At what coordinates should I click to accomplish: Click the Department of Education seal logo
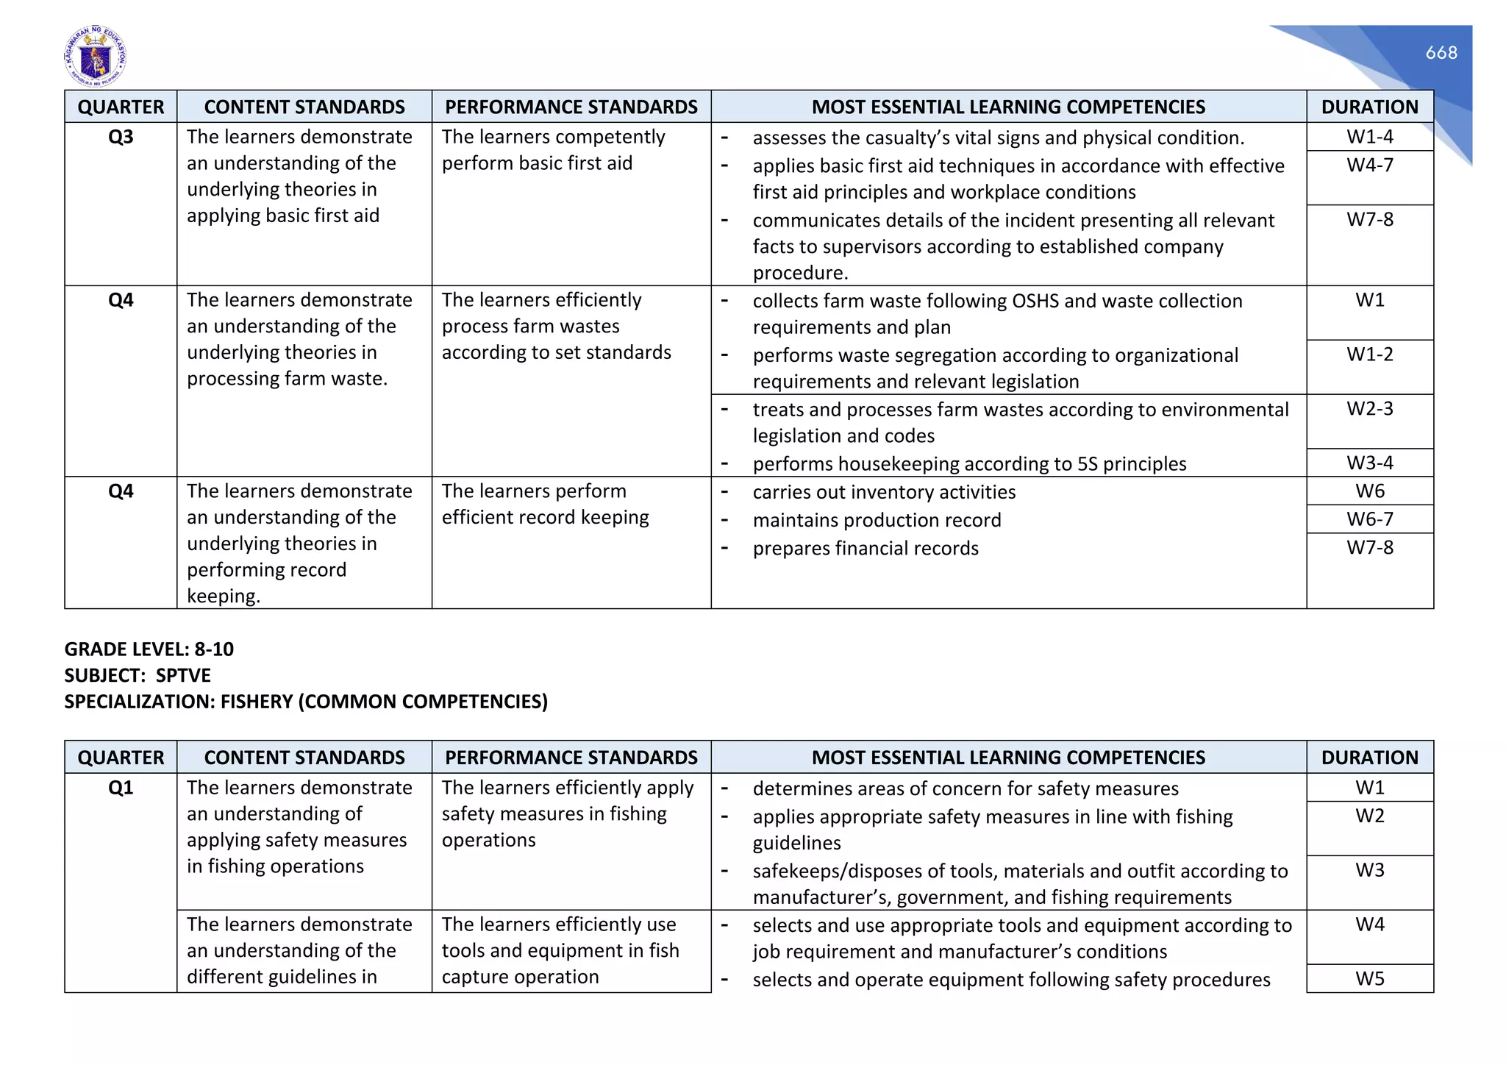[x=95, y=57]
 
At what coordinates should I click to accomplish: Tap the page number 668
[x=1441, y=53]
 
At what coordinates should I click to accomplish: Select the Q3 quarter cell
[x=121, y=138]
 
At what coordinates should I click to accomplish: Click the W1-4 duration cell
[x=1369, y=137]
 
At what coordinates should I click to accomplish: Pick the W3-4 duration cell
[x=1369, y=463]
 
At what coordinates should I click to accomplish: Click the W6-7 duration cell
[x=1369, y=519]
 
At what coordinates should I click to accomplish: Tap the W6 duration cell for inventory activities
[x=1369, y=491]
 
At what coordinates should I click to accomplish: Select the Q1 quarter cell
[x=121, y=788]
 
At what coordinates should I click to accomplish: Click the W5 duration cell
[x=1369, y=979]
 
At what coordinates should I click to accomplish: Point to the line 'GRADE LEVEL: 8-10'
[x=149, y=649]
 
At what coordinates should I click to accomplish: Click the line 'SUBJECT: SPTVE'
[x=138, y=675]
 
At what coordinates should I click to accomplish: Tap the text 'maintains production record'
[x=877, y=521]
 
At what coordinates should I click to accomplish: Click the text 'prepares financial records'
[x=866, y=549]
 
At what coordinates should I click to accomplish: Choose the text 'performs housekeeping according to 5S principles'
[x=969, y=464]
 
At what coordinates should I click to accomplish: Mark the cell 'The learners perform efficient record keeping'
[x=545, y=505]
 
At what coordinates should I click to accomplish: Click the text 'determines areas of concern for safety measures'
[x=965, y=789]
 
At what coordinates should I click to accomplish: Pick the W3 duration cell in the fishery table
[x=1369, y=871]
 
